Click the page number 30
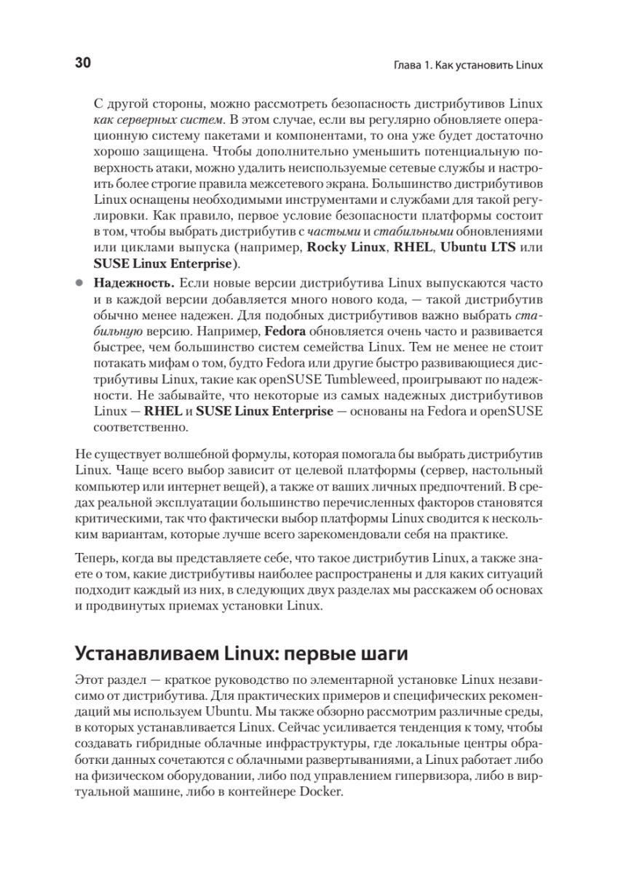[82, 63]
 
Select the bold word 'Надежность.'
[133, 282]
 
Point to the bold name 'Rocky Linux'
[341, 247]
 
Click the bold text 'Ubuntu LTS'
[477, 247]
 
